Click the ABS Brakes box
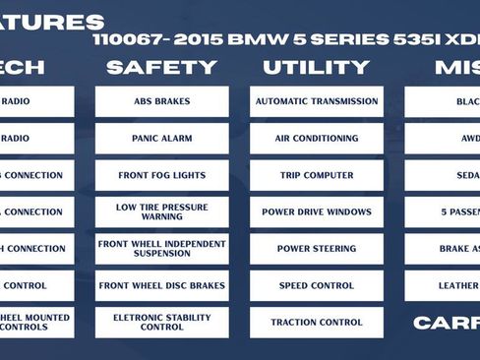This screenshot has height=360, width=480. pyautogui.click(x=161, y=101)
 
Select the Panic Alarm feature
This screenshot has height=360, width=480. pyautogui.click(x=161, y=139)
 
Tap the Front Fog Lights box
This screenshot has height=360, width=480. pyautogui.click(x=161, y=175)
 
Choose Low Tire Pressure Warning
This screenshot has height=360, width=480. pyautogui.click(x=161, y=211)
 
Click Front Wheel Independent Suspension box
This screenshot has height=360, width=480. pyautogui.click(x=161, y=248)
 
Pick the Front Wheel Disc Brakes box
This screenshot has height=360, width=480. pyautogui.click(x=161, y=285)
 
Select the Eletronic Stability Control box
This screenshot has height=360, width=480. pyautogui.click(x=161, y=322)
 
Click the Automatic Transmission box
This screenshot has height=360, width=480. pyautogui.click(x=316, y=101)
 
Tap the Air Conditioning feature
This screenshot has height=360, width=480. pyautogui.click(x=316, y=139)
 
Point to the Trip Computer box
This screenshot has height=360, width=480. pyautogui.click(x=316, y=175)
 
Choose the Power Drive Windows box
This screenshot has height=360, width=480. pyautogui.click(x=316, y=211)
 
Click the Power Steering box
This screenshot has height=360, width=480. pyautogui.click(x=316, y=248)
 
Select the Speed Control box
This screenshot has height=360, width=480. pyautogui.click(x=316, y=285)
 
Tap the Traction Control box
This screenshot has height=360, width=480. pyautogui.click(x=316, y=322)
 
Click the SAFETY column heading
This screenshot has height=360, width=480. pyautogui.click(x=161, y=67)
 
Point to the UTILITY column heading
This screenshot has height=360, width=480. pyautogui.click(x=316, y=67)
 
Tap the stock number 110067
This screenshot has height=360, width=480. pyautogui.click(x=126, y=41)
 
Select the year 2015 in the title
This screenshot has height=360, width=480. pyautogui.click(x=197, y=41)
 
